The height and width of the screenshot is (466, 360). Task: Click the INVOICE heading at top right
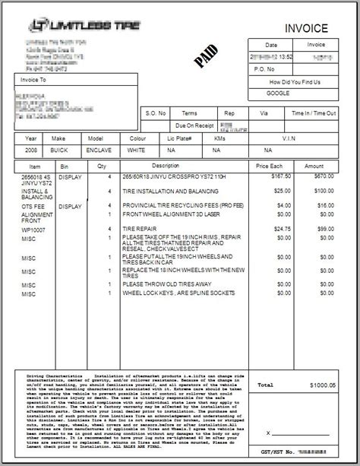(x=307, y=28)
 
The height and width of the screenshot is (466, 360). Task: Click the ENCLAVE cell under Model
(x=96, y=151)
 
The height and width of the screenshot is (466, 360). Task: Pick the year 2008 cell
(x=31, y=151)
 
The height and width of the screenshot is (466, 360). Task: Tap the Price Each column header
(x=269, y=165)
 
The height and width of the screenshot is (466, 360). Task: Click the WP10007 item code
(x=32, y=227)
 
